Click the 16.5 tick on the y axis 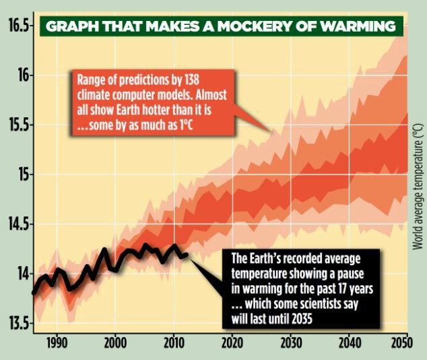pos(18,26)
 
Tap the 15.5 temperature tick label pos(18,125)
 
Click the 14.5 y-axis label pos(18,224)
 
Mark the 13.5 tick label pos(18,324)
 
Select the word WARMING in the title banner pos(358,28)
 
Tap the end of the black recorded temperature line pos(187,253)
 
